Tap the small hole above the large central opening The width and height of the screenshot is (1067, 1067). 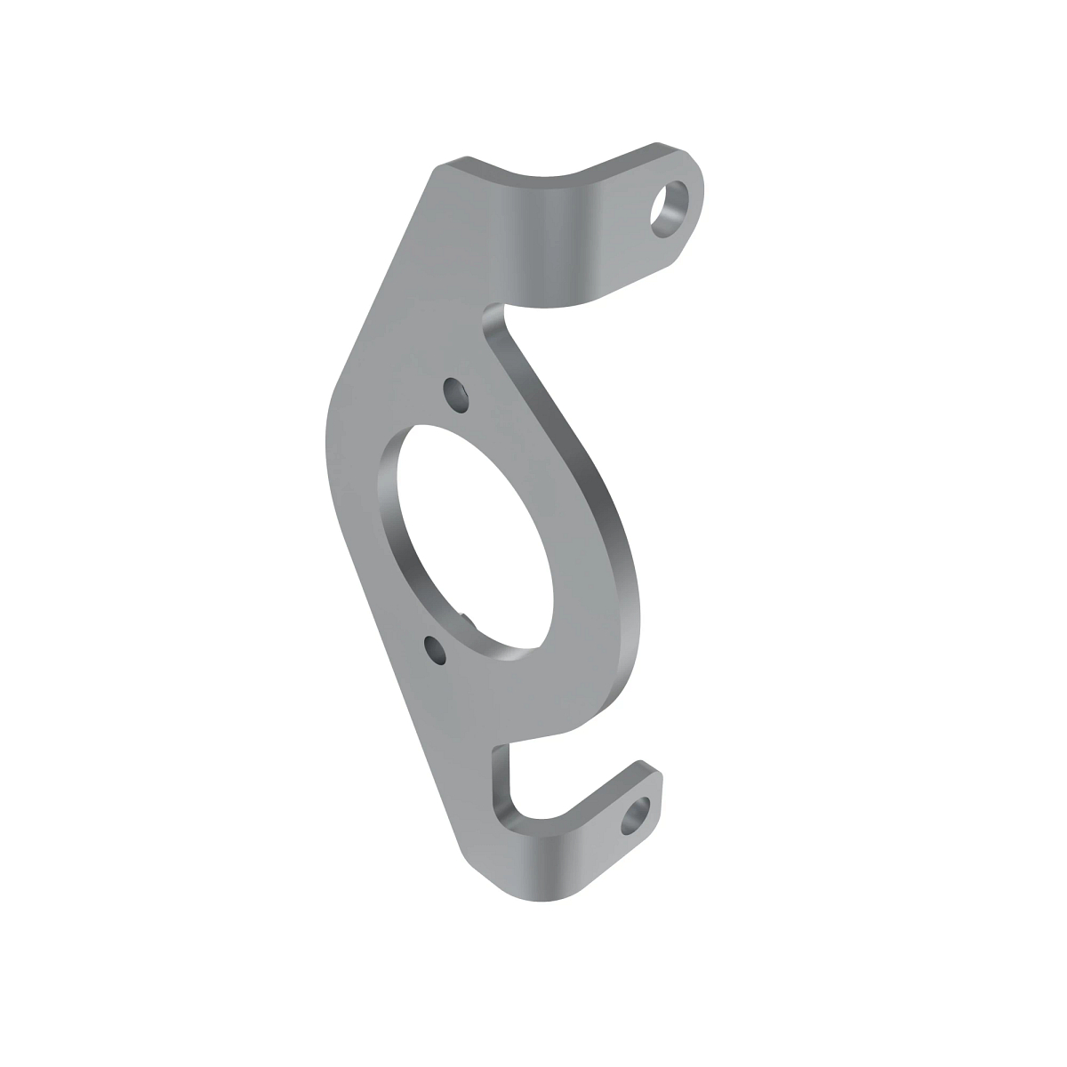pyautogui.click(x=455, y=393)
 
